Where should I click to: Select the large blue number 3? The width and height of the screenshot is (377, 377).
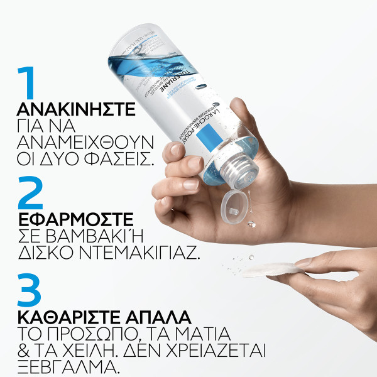click(31, 291)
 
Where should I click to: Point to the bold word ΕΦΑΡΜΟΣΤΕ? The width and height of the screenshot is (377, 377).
click(76, 219)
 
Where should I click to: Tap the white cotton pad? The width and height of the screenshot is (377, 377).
click(270, 270)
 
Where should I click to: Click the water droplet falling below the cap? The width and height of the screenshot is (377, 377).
click(251, 224)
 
